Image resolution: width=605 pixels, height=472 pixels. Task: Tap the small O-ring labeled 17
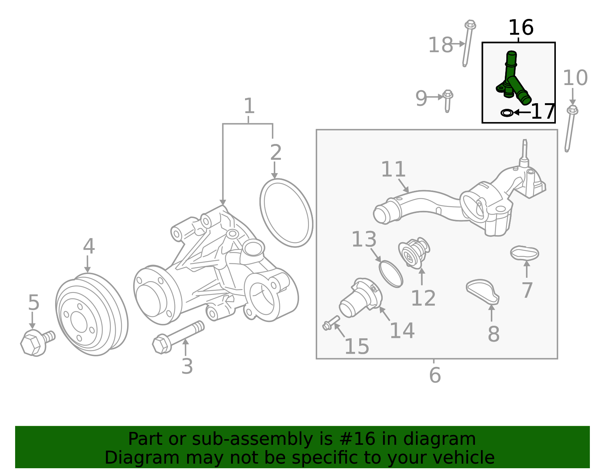click(x=507, y=113)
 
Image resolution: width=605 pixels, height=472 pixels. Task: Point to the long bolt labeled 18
click(x=468, y=43)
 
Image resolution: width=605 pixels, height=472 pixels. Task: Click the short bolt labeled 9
click(x=448, y=100)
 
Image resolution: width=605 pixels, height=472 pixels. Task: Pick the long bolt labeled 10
click(x=570, y=128)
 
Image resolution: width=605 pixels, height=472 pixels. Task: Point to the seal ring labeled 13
click(x=391, y=274)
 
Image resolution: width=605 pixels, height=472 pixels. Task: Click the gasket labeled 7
click(x=524, y=253)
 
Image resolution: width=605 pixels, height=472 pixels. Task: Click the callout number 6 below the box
click(x=435, y=375)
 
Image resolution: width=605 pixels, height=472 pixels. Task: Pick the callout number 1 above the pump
click(x=248, y=106)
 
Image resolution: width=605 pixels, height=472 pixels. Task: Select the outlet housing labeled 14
click(x=360, y=298)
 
